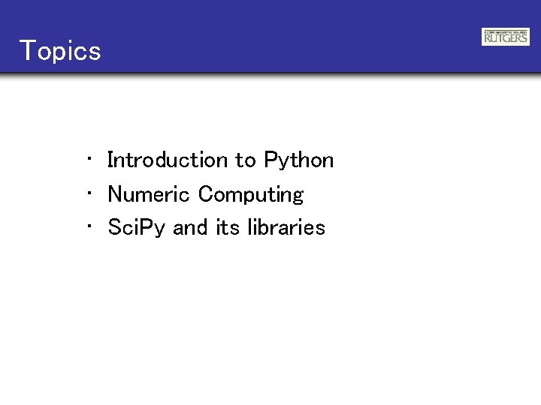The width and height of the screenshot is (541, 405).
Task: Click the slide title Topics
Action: click(60, 51)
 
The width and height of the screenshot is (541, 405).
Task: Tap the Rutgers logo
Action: click(505, 37)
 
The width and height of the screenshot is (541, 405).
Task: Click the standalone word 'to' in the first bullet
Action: click(246, 160)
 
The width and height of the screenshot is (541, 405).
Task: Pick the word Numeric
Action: click(149, 194)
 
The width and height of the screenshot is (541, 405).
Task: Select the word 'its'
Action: click(228, 227)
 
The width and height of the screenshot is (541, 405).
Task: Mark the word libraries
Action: click(286, 227)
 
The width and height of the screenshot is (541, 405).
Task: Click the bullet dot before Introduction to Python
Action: click(89, 158)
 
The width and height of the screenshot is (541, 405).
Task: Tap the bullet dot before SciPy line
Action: click(89, 226)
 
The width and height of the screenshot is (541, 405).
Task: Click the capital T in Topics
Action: click(27, 51)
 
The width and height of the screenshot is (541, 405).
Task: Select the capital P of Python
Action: click(270, 160)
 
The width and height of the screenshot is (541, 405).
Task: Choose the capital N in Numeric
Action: click(116, 194)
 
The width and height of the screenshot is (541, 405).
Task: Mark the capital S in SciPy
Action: click(115, 227)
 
